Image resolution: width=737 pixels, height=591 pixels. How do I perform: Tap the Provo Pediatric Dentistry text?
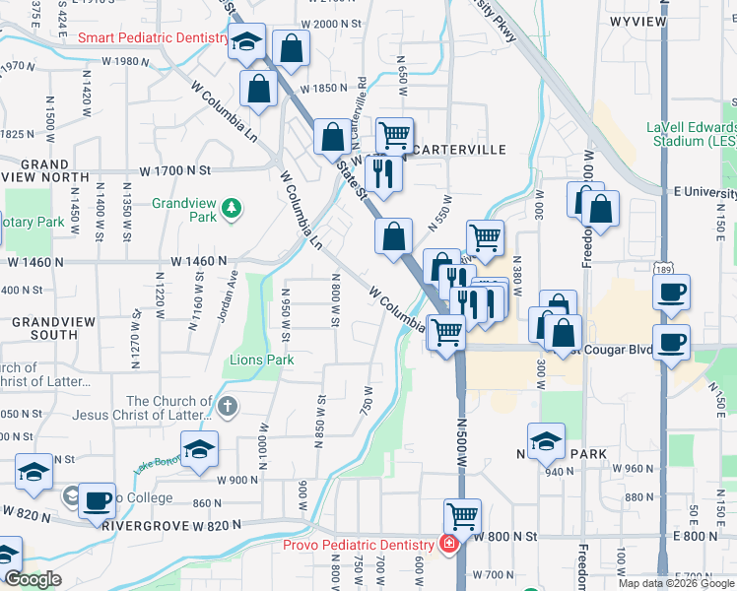(359, 545)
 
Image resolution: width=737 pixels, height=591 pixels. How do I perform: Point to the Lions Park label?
(262, 360)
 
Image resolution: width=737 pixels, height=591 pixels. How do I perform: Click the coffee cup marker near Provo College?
(98, 498)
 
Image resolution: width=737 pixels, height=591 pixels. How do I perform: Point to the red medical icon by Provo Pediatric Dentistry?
(449, 545)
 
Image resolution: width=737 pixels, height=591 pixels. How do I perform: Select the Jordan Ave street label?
(228, 294)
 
